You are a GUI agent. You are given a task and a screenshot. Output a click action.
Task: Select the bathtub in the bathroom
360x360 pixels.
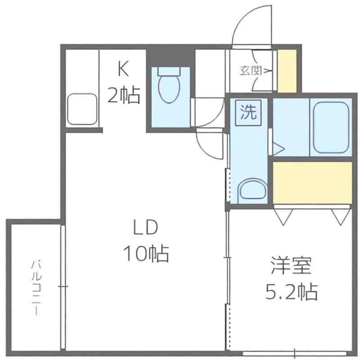331,128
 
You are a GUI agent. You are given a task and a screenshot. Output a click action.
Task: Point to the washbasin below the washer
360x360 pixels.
252,190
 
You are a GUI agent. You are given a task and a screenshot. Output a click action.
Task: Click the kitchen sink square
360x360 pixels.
82,109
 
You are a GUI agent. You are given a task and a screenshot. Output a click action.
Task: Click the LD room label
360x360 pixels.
146,227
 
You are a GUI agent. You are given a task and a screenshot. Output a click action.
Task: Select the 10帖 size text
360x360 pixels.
146,254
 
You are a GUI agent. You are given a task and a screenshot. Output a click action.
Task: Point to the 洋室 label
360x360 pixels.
291,266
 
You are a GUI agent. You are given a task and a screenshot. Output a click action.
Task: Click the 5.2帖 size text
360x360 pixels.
292,292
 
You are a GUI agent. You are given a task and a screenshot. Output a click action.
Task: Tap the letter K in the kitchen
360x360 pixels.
123,69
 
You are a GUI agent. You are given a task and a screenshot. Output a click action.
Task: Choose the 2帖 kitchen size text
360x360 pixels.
124,95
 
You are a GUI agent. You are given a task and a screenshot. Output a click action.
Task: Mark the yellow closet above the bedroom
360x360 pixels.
312,183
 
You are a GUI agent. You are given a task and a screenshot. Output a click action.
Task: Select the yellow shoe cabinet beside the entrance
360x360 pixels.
287,71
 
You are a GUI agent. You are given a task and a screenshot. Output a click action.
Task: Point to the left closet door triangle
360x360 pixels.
284,216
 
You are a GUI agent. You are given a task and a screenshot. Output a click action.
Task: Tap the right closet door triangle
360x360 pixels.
340,216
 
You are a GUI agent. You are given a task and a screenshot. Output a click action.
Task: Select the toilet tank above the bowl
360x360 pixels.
169,72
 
